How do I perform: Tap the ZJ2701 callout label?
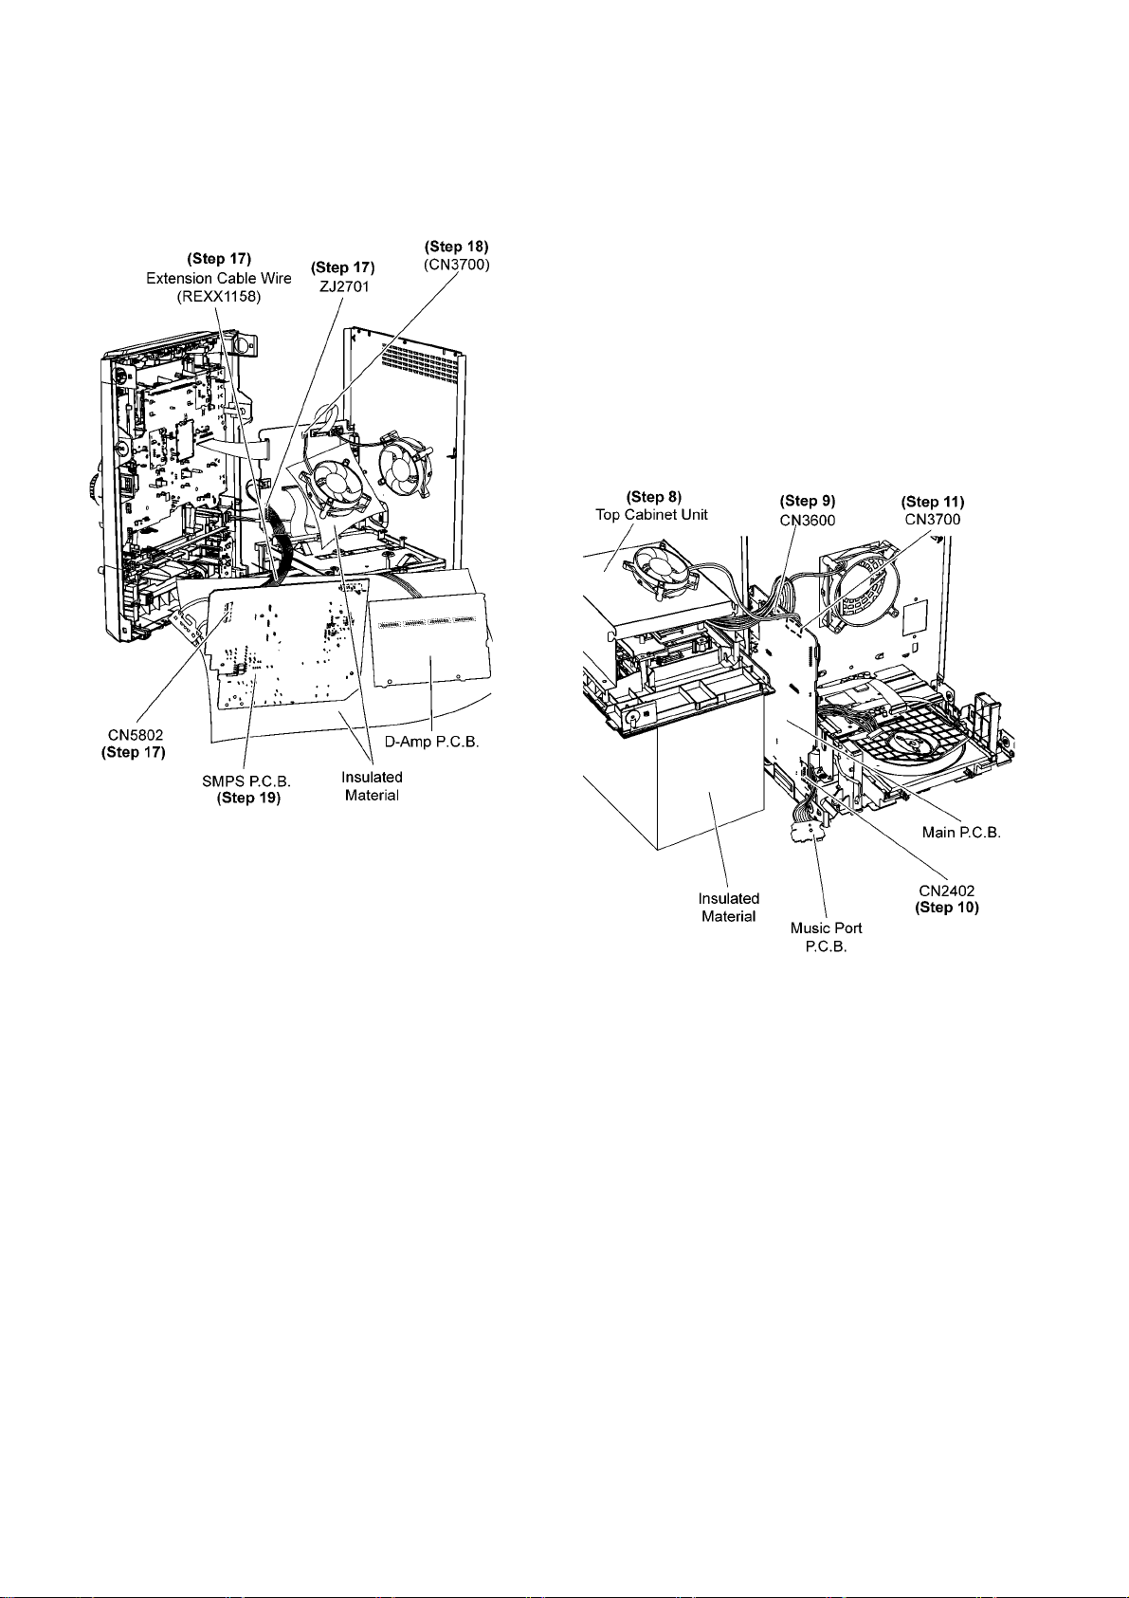(x=343, y=285)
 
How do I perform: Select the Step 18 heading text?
(x=457, y=247)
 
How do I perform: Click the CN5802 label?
(x=133, y=735)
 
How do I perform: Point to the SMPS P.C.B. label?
(x=246, y=781)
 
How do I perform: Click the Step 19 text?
(x=248, y=798)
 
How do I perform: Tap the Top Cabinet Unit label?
(x=651, y=515)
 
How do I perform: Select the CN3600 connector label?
(x=807, y=519)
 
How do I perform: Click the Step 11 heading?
(x=933, y=502)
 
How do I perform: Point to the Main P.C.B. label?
(x=961, y=833)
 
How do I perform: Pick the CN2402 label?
(x=946, y=891)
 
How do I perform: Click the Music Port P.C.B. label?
(x=827, y=936)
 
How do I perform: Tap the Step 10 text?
(x=946, y=908)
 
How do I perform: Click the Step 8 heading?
(x=654, y=497)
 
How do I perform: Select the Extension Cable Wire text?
(x=219, y=278)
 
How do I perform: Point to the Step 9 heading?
(x=807, y=501)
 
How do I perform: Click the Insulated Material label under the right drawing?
(x=728, y=907)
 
